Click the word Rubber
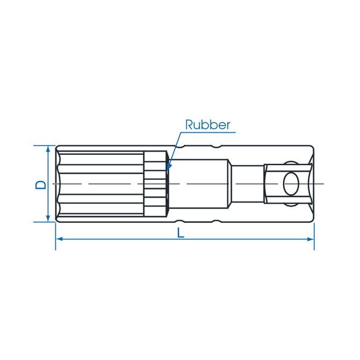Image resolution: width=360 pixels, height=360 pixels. [207, 125]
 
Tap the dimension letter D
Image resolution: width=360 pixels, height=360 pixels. [41, 185]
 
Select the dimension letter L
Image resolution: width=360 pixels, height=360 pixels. [181, 233]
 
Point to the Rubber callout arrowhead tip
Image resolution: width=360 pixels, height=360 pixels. [167, 169]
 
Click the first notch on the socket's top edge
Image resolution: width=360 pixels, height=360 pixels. [179, 147]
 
